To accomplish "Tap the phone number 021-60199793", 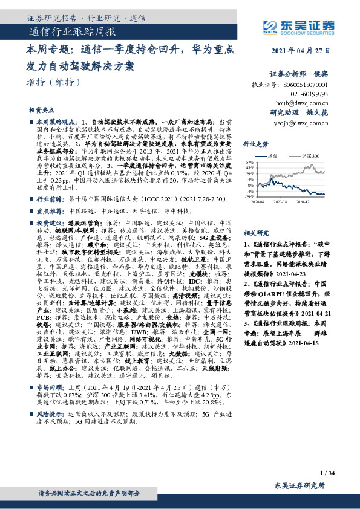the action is [307, 94].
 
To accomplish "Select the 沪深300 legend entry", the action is [306, 155].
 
